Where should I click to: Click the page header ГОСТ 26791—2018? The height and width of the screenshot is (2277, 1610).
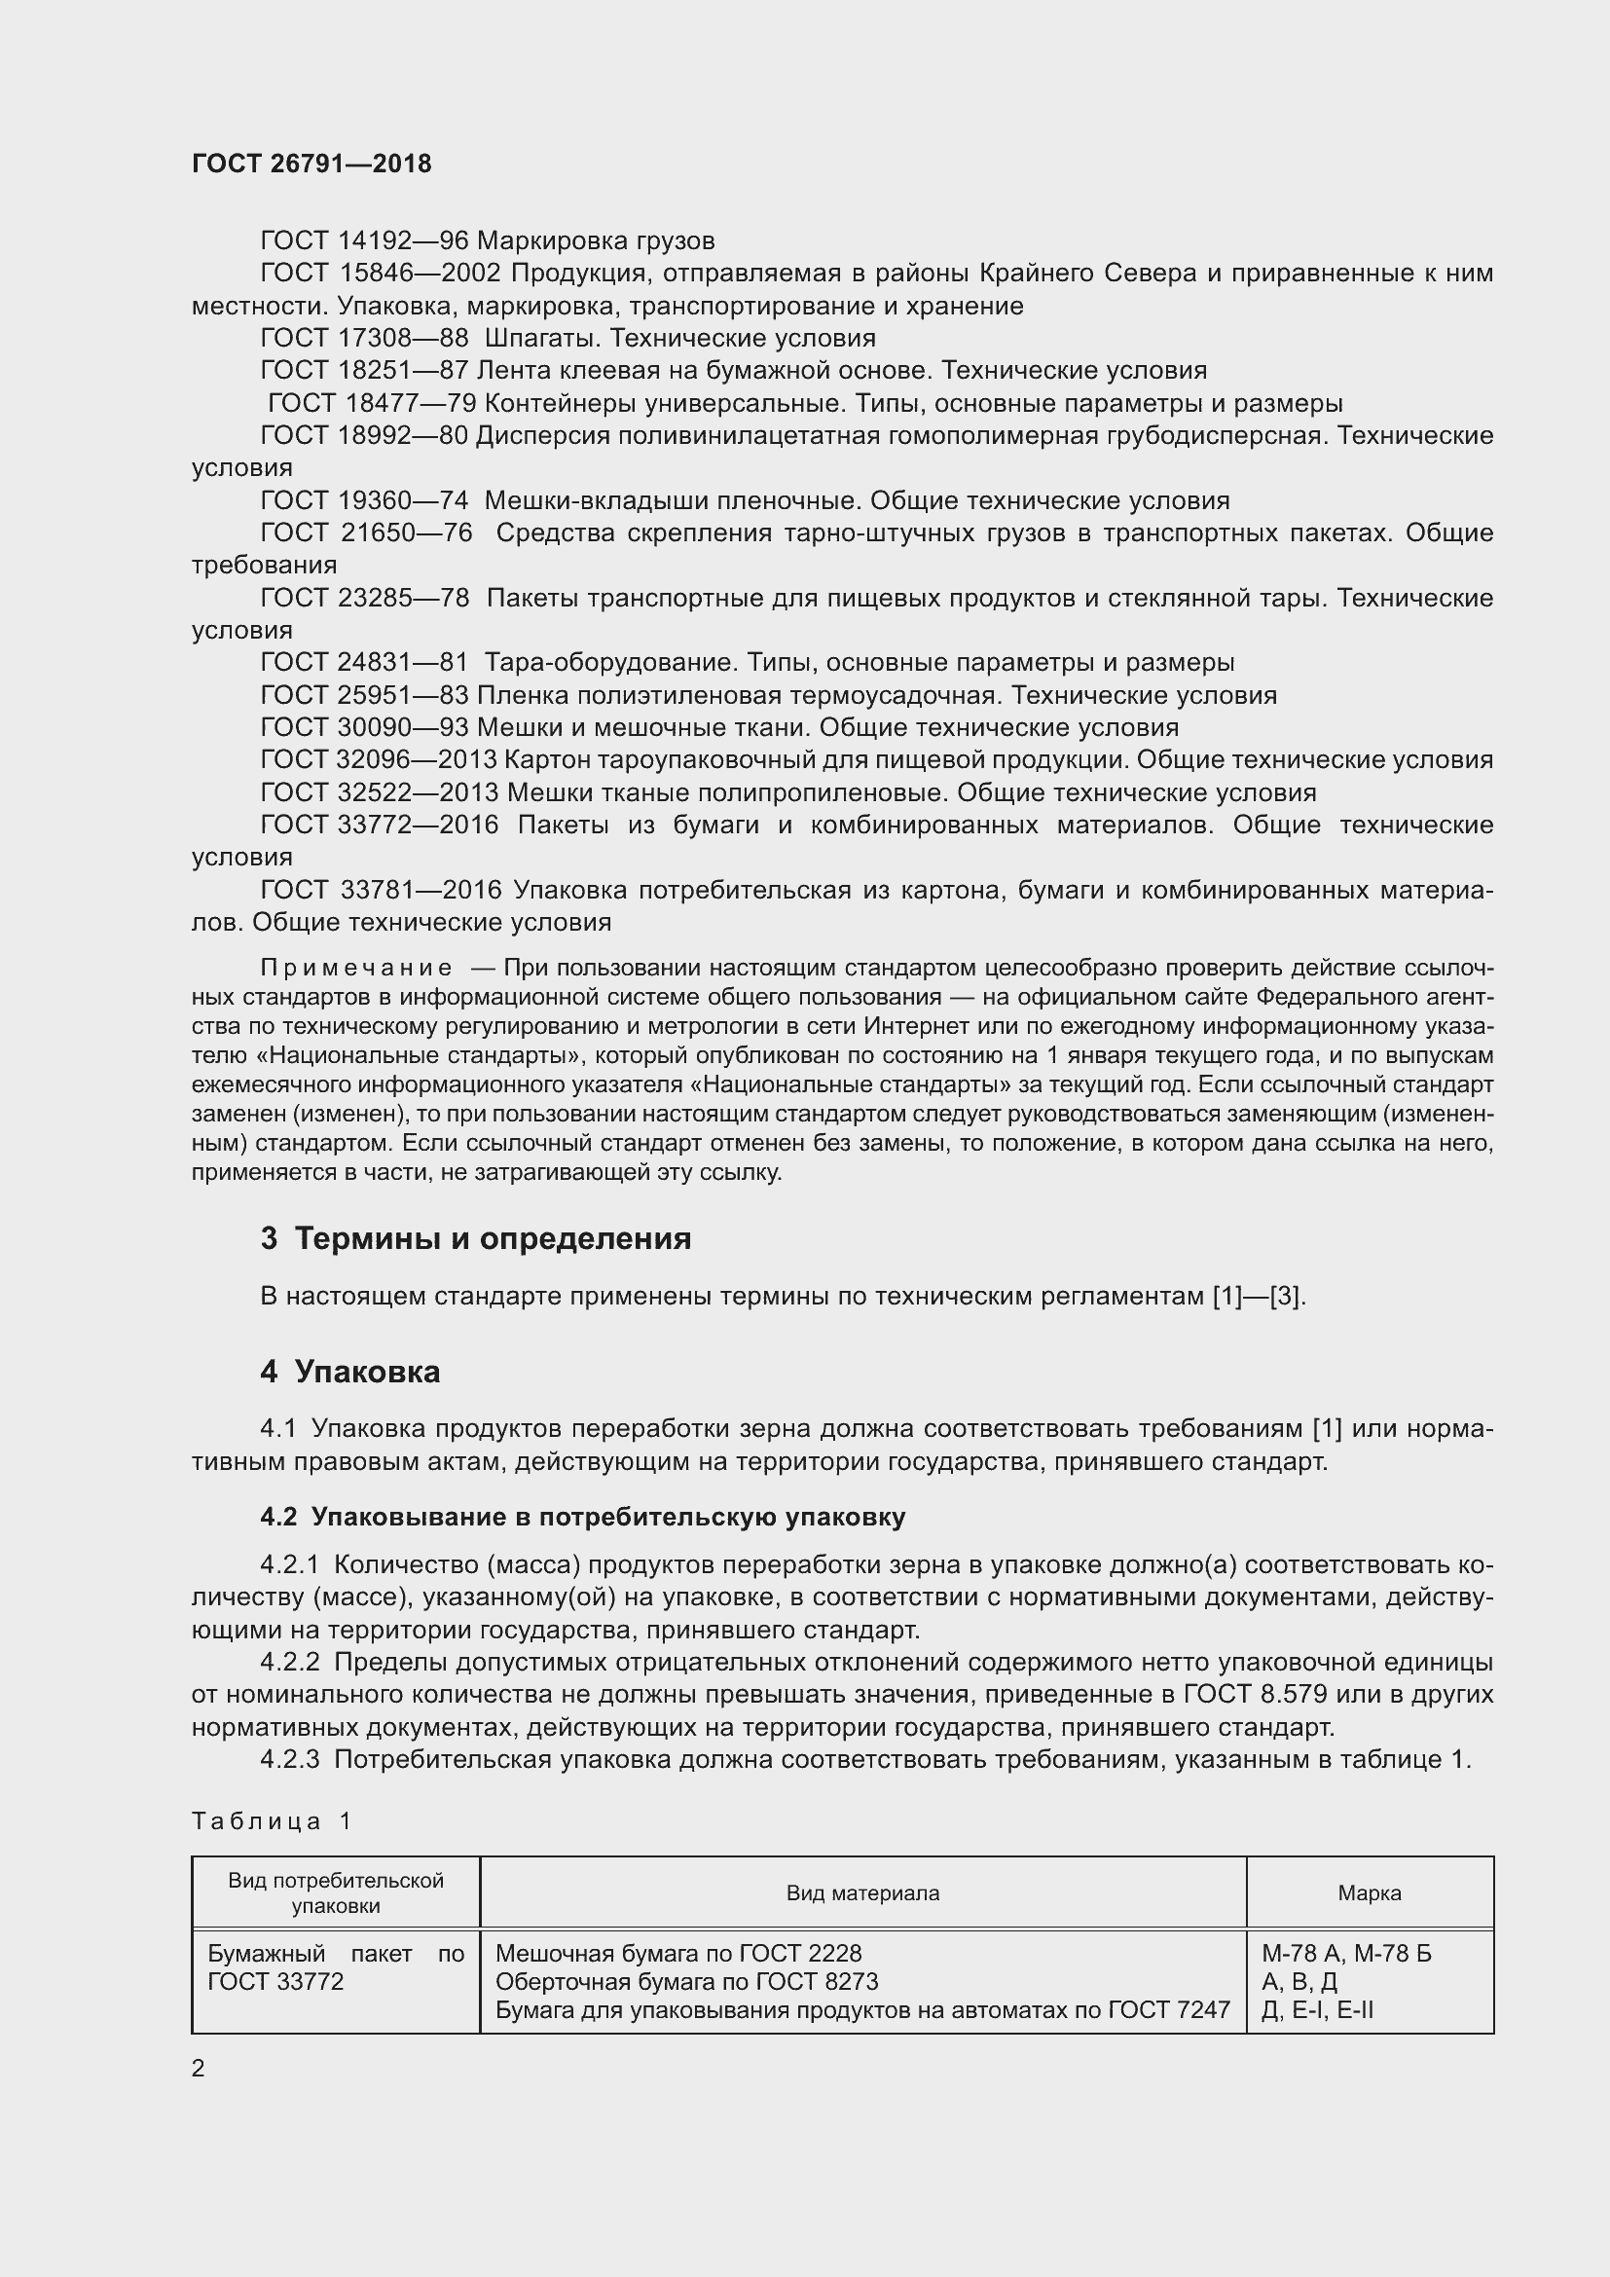[x=311, y=164]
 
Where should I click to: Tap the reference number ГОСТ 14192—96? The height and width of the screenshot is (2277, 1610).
[x=364, y=241]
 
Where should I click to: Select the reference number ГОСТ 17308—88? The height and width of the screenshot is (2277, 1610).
[x=364, y=338]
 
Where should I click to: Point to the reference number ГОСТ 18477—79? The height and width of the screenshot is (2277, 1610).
[x=372, y=403]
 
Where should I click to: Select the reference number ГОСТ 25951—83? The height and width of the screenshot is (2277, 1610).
[x=364, y=695]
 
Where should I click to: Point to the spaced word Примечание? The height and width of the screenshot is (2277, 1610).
[x=357, y=968]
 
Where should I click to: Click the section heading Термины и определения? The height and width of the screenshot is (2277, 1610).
[x=493, y=1238]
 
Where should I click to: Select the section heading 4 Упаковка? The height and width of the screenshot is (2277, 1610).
[x=350, y=1372]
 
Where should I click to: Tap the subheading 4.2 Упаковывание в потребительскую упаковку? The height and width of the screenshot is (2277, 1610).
[x=583, y=1518]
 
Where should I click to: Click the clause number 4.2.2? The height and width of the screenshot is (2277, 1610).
[x=289, y=1662]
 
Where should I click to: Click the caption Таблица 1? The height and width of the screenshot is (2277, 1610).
[x=272, y=1820]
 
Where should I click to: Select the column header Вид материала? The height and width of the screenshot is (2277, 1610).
[x=862, y=1892]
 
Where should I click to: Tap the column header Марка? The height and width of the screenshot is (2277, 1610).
[x=1370, y=1892]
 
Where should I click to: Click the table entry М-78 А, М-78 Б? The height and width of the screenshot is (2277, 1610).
[x=1346, y=1954]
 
